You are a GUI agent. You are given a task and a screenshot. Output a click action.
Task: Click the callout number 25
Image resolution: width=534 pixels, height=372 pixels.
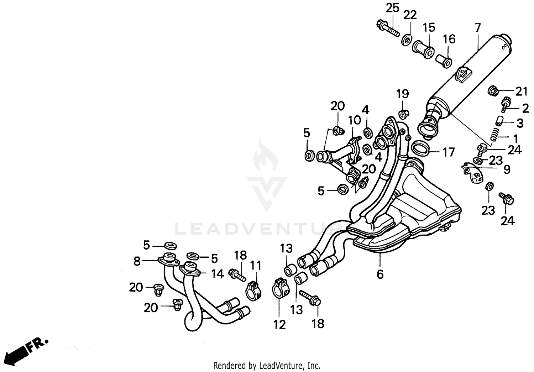coord(393,8)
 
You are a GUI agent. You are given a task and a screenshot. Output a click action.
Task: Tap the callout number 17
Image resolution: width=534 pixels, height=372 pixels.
coord(449,152)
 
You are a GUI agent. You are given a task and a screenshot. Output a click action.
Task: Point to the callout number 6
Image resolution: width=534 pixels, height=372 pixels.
coord(380,274)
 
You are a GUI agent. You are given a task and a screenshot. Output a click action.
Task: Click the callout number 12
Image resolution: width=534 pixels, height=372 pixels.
coord(280,324)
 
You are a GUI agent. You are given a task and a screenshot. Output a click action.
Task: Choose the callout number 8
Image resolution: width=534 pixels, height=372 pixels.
coord(137,262)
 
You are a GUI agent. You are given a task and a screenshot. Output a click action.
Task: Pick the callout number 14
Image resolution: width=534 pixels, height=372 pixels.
coord(217,274)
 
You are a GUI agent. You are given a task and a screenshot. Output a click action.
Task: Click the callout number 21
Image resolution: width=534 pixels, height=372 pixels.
coord(522,92)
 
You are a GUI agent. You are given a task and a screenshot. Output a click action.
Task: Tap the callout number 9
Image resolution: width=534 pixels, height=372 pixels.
coord(507,169)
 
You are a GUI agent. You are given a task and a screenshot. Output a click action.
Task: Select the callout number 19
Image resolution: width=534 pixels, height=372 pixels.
coord(403,94)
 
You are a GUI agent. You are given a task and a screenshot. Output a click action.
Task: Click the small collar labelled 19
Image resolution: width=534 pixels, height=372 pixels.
coord(403,115)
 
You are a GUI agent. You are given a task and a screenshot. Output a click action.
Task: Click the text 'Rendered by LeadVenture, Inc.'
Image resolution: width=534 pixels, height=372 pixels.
coord(267,366)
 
